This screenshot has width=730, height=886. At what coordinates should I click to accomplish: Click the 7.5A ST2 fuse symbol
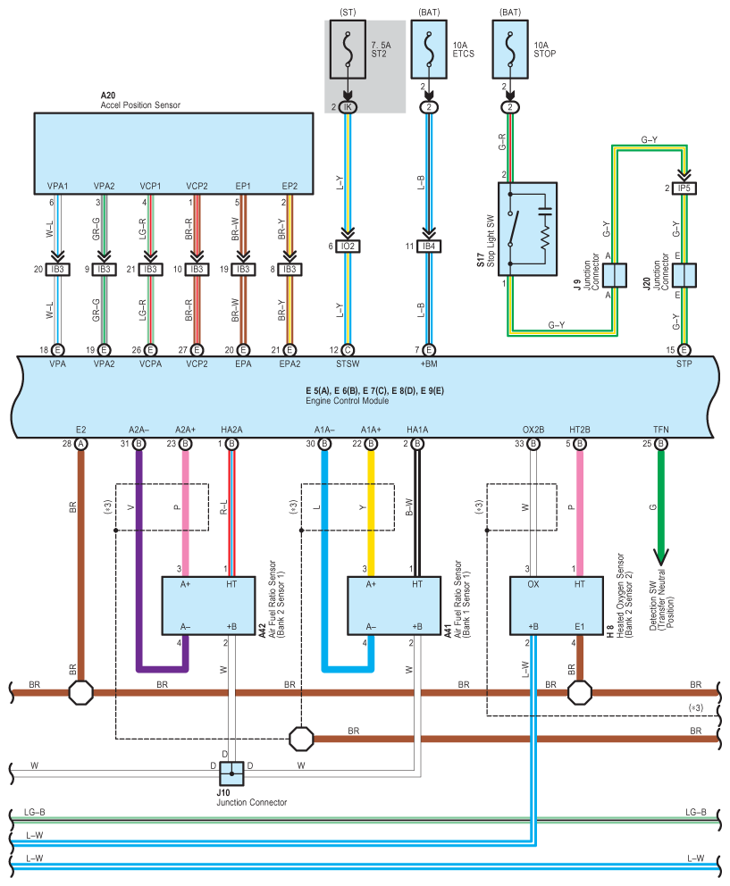click(348, 50)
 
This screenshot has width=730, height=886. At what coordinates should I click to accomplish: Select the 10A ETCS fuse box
click(429, 50)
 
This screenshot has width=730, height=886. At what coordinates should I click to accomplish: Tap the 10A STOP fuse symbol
click(510, 50)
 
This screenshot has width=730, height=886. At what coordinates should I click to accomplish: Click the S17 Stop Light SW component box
click(527, 229)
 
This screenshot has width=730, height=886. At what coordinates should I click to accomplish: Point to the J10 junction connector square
click(231, 773)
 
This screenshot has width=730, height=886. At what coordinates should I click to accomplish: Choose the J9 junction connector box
click(614, 276)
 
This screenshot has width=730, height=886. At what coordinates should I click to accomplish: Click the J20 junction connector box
click(684, 276)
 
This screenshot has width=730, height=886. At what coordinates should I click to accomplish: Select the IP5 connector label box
click(684, 188)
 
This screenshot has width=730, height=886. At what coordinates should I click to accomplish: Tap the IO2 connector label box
click(348, 247)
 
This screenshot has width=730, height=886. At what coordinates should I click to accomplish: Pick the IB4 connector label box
click(429, 247)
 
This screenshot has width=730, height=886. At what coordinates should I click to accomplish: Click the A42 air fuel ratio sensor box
click(209, 606)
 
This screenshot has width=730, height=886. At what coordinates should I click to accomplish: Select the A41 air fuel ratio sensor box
click(394, 606)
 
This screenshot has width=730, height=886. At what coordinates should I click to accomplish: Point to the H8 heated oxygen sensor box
click(557, 606)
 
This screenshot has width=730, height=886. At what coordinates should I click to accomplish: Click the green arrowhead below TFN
click(661, 556)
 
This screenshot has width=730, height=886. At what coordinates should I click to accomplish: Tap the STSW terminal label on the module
click(348, 364)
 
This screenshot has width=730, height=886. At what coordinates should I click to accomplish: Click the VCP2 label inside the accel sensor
click(197, 186)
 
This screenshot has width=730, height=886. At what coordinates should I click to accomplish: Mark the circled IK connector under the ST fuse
click(348, 107)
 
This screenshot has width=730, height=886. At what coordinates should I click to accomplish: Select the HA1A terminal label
click(417, 430)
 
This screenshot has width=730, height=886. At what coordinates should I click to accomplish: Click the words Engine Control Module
click(348, 401)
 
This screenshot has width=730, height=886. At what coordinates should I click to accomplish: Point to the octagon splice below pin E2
click(80, 692)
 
